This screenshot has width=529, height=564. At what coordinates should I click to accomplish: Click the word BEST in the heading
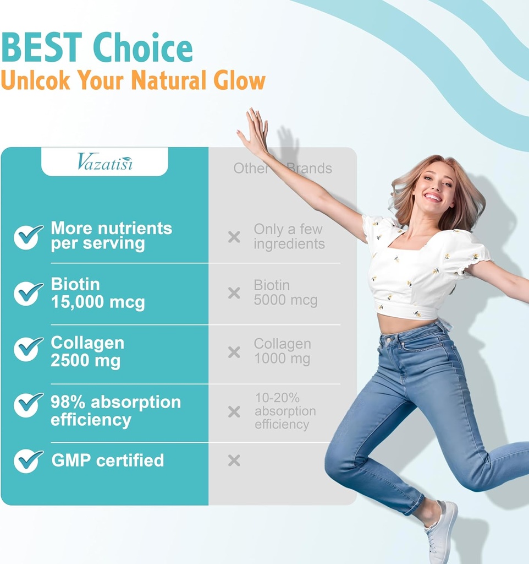tap(42, 48)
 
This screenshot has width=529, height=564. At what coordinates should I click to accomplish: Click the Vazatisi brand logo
tap(104, 162)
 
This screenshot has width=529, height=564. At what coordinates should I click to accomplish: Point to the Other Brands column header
tap(283, 168)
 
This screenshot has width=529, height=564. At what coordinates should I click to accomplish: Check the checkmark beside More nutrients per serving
tap(28, 236)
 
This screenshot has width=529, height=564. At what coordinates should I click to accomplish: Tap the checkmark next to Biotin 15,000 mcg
tap(28, 293)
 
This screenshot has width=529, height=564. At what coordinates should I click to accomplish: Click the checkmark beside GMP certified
tap(28, 460)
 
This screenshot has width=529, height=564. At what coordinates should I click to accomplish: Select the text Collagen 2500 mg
tap(87, 351)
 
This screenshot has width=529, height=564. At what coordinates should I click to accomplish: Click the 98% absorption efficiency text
tap(115, 411)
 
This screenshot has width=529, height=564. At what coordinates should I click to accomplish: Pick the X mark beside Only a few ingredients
tap(234, 237)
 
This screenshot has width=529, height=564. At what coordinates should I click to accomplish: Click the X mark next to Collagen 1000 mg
tap(234, 352)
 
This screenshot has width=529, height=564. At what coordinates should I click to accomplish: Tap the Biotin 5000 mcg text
tap(285, 293)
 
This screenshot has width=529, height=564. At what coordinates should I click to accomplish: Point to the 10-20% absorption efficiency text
tap(285, 411)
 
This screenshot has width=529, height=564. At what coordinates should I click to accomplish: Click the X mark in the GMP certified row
tap(234, 460)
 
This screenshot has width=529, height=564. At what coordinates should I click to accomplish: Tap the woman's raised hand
tap(255, 131)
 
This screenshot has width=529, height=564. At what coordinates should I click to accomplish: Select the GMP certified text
tap(108, 460)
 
